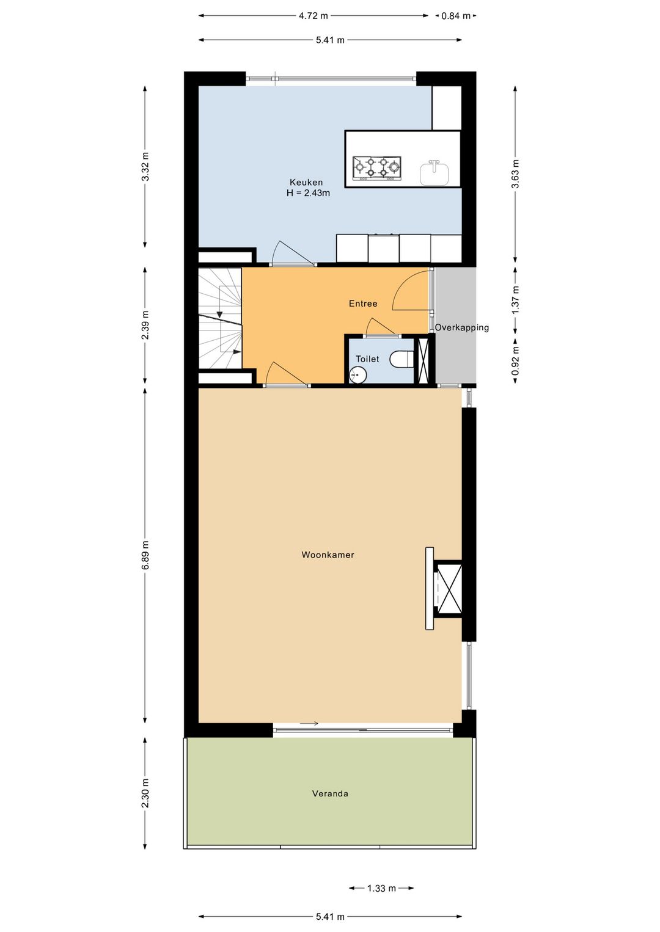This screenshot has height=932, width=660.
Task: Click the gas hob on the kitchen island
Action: click(377, 169)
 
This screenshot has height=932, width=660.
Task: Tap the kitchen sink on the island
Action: click(435, 172)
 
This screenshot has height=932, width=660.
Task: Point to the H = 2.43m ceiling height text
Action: click(308, 193)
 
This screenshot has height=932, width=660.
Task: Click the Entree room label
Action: click(363, 304)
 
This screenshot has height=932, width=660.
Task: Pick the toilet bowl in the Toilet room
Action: click(402, 359)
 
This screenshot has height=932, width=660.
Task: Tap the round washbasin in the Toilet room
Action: click(358, 375)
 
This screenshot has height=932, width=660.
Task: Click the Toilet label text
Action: click(367, 359)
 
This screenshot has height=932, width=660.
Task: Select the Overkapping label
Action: click(462, 328)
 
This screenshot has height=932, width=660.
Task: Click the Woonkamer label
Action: click(328, 555)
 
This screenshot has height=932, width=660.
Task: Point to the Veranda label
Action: click(330, 793)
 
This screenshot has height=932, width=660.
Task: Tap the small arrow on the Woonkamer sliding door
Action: click(309, 723)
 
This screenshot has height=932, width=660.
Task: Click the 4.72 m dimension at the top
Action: click(313, 16)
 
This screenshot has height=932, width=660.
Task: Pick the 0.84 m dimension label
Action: click(455, 16)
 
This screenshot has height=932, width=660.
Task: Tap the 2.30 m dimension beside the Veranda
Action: click(145, 793)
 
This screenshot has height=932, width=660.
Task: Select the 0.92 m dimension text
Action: click(516, 360)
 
